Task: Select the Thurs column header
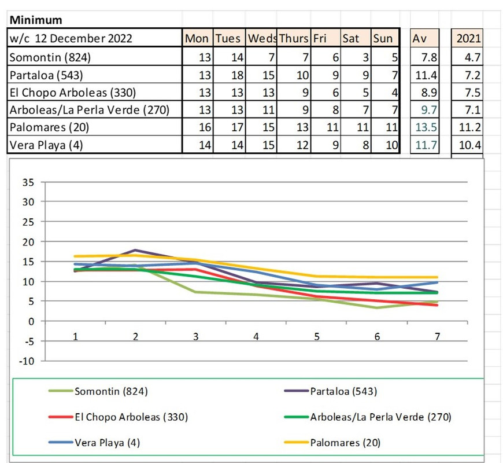(293, 39)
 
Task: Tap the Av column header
(419, 39)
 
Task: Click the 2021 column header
(468, 39)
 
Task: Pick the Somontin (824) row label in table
(50, 57)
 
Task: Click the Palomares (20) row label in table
(50, 127)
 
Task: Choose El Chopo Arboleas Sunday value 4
(393, 92)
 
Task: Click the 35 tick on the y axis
(29, 182)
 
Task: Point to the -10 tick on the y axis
(27, 361)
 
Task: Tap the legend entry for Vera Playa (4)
(108, 443)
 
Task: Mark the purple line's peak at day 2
(135, 250)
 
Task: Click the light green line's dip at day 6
(377, 307)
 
